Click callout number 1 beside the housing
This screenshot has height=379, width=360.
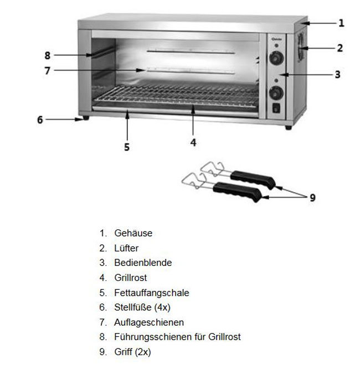[341, 23]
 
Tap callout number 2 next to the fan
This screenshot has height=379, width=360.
[340, 48]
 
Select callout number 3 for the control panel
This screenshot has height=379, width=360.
[337, 74]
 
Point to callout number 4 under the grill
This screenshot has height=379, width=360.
[193, 142]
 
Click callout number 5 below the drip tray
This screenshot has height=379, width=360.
[127, 147]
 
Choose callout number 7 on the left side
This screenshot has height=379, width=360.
[47, 70]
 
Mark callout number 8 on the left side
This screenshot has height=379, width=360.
[47, 55]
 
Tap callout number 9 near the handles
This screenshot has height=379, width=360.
[312, 197]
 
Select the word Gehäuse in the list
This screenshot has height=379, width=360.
[133, 233]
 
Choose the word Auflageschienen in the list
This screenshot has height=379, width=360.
[149, 322]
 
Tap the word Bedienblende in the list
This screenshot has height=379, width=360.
[143, 263]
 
